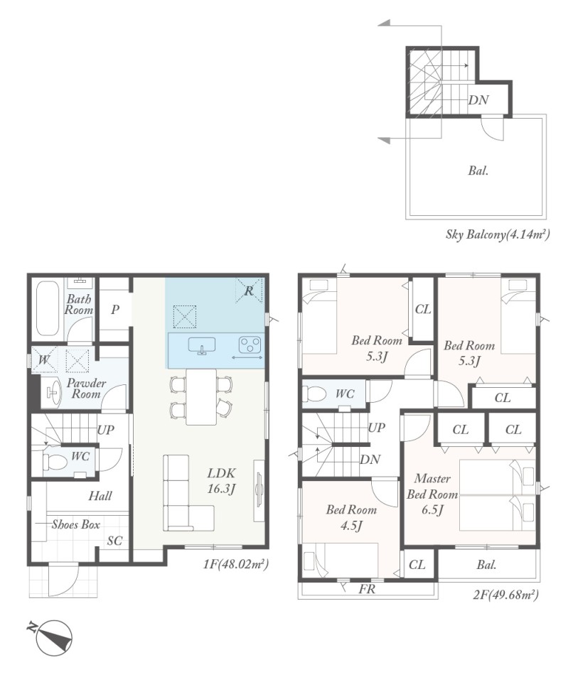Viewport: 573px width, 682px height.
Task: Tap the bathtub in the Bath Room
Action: click(x=48, y=309)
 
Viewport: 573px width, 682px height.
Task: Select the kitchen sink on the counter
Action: click(x=202, y=345)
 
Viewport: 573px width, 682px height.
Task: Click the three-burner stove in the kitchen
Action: click(x=250, y=345)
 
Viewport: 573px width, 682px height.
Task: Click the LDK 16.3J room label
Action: click(x=221, y=481)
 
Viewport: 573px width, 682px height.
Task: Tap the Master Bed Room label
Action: click(x=432, y=494)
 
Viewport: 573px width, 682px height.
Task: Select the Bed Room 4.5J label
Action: click(x=351, y=518)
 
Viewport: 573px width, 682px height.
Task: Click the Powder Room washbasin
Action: click(x=53, y=393)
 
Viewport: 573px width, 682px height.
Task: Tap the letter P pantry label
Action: click(x=115, y=310)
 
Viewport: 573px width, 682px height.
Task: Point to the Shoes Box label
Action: click(x=76, y=524)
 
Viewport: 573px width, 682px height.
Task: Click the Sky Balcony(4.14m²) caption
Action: click(x=498, y=234)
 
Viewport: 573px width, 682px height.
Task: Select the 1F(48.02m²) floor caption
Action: click(x=235, y=564)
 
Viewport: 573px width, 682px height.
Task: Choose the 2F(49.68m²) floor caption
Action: click(x=505, y=594)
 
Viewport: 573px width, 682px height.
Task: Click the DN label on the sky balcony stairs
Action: click(x=478, y=100)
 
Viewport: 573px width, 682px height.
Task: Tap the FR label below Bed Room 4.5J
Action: click(x=367, y=589)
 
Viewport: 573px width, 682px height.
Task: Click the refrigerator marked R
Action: click(x=249, y=291)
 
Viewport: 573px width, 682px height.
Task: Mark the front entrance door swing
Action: click(x=63, y=580)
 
